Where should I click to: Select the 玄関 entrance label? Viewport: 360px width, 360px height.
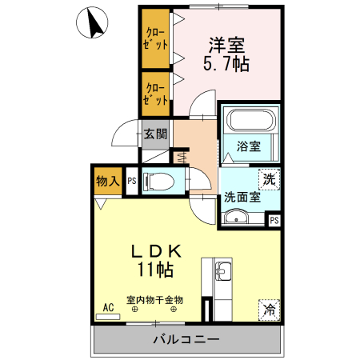pyautogui.click(x=155, y=134)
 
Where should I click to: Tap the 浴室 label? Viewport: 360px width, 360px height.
pyautogui.click(x=249, y=146)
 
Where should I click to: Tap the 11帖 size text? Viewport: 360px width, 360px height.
pyautogui.click(x=157, y=270)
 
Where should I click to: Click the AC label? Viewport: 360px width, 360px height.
pyautogui.click(x=107, y=306)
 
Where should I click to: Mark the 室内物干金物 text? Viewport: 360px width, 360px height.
pyautogui.click(x=155, y=300)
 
